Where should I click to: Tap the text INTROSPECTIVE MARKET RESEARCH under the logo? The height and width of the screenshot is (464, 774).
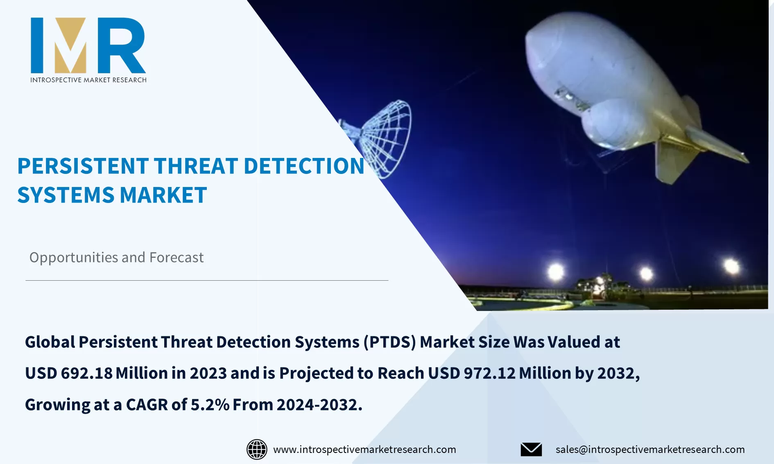(88, 80)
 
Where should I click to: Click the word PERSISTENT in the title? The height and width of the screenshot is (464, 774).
(82, 167)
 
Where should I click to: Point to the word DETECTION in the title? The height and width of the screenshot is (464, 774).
(303, 167)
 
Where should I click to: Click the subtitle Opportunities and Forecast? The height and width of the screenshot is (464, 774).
(116, 258)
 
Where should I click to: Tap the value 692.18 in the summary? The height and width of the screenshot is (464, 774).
(86, 373)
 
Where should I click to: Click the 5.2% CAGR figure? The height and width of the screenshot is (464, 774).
(210, 405)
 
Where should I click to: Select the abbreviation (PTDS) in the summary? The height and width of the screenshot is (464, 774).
(389, 342)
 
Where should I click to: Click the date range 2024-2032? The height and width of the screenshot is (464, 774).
(319, 405)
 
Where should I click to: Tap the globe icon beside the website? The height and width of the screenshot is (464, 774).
(257, 449)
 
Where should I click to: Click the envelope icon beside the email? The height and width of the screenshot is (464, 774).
(531, 449)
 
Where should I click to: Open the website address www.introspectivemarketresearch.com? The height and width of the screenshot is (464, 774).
(364, 449)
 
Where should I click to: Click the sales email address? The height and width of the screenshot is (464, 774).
(650, 449)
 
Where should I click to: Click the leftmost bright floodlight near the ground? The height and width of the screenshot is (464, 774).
(556, 271)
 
